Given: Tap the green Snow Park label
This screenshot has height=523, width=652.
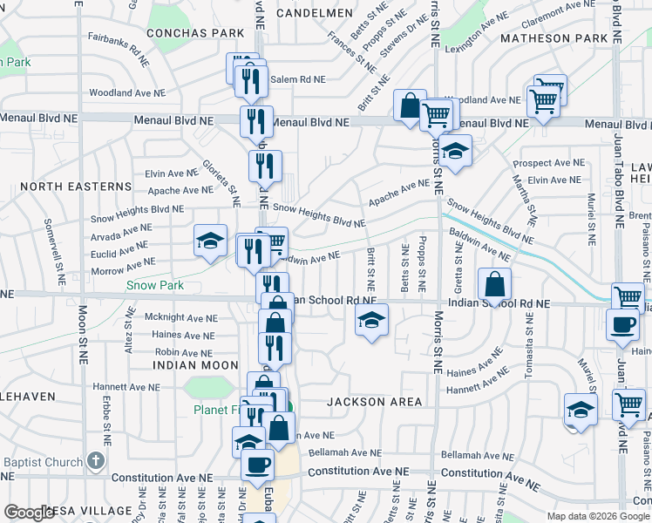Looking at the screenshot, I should [155, 285].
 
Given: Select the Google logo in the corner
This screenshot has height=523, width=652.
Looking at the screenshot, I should [29, 513].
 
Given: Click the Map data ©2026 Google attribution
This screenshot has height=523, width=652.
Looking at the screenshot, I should [598, 515].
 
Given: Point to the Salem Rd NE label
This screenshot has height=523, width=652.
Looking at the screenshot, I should [296, 79].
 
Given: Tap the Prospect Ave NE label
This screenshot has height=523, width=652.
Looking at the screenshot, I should [549, 163].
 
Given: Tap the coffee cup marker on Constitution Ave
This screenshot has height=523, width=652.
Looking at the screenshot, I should [257, 464].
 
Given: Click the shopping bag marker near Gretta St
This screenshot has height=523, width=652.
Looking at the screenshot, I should [494, 284].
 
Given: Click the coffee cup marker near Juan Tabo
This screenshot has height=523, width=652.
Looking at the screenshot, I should [622, 325].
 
